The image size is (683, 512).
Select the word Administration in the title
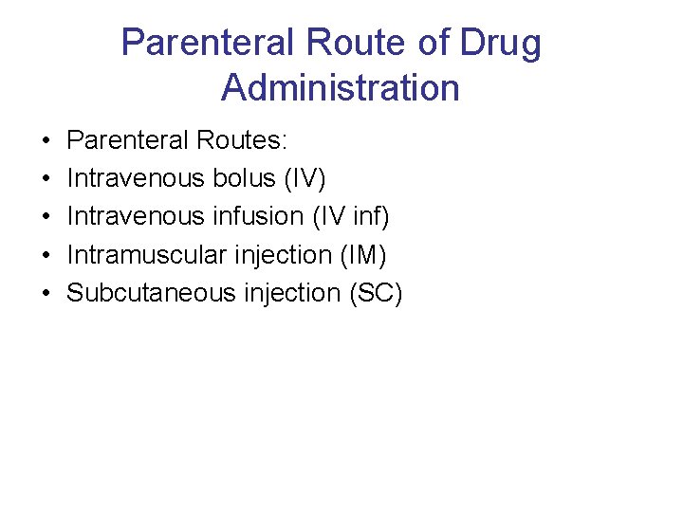tap(341, 88)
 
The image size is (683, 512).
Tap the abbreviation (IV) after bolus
tap(304, 179)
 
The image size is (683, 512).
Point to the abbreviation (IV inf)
tap(351, 217)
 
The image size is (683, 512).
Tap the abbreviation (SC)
tap(376, 293)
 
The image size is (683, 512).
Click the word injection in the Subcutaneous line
tap(291, 293)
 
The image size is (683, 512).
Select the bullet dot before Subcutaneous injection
tap(46, 294)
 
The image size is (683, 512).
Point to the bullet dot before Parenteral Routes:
tap(46, 142)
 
